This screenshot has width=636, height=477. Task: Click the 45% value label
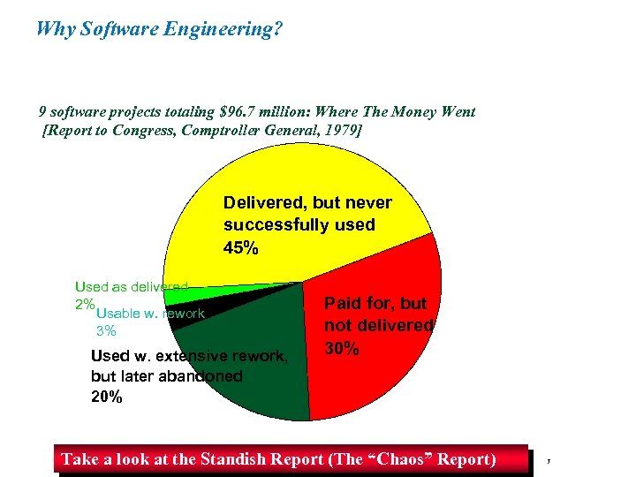241,248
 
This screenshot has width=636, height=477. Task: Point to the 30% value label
342,349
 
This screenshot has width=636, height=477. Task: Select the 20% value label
107,397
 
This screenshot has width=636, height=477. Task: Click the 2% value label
85,304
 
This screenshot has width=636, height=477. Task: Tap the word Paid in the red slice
343,304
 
